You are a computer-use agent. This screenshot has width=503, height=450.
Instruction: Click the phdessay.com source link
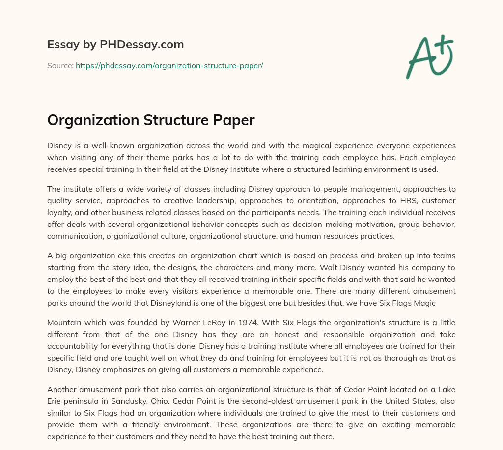tap(169, 65)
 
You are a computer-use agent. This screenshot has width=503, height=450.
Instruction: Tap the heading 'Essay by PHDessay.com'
tap(115, 44)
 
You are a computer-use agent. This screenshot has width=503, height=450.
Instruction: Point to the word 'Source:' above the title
tap(60, 65)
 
